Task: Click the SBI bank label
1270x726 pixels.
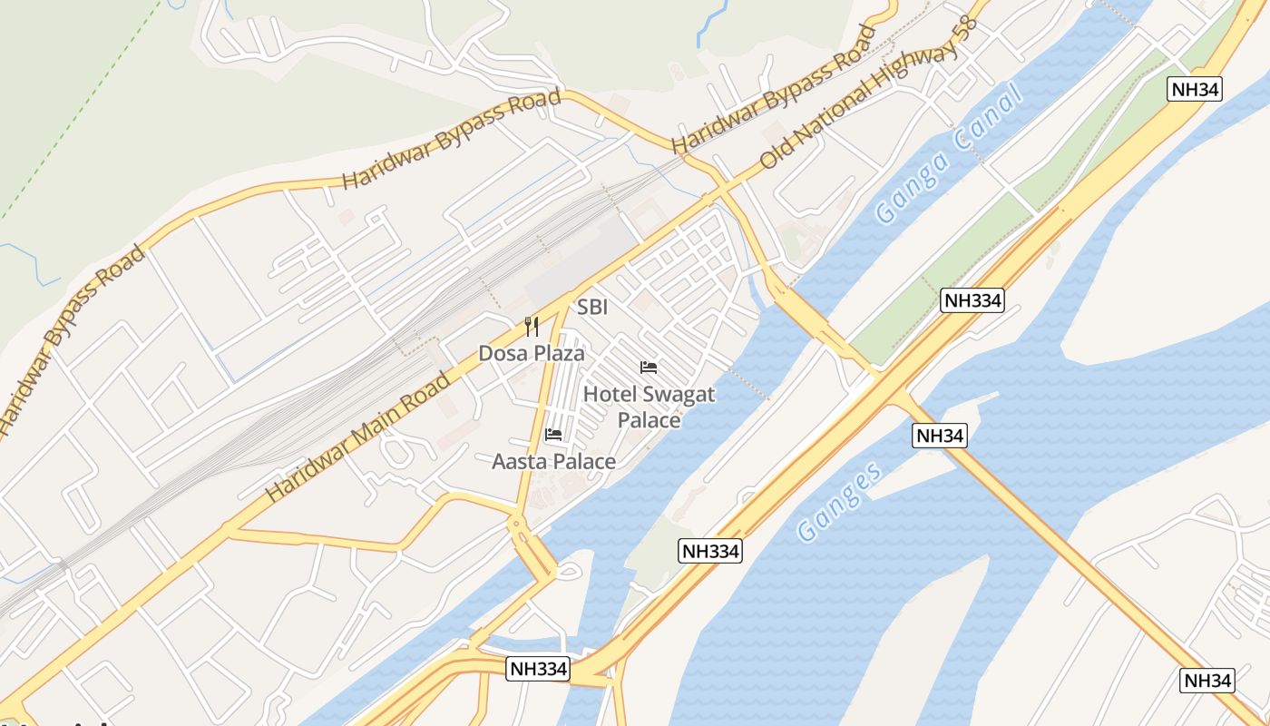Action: tap(592, 308)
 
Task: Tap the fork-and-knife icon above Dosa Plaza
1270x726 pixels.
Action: tap(532, 327)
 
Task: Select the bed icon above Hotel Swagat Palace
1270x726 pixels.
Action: tap(649, 368)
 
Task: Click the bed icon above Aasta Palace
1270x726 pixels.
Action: tap(553, 435)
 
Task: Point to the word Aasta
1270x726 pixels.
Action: tap(520, 462)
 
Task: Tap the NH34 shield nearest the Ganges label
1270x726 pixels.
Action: tap(939, 436)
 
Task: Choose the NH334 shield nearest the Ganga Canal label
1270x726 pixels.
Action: tap(972, 301)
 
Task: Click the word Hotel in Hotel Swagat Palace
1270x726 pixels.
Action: tap(611, 395)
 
